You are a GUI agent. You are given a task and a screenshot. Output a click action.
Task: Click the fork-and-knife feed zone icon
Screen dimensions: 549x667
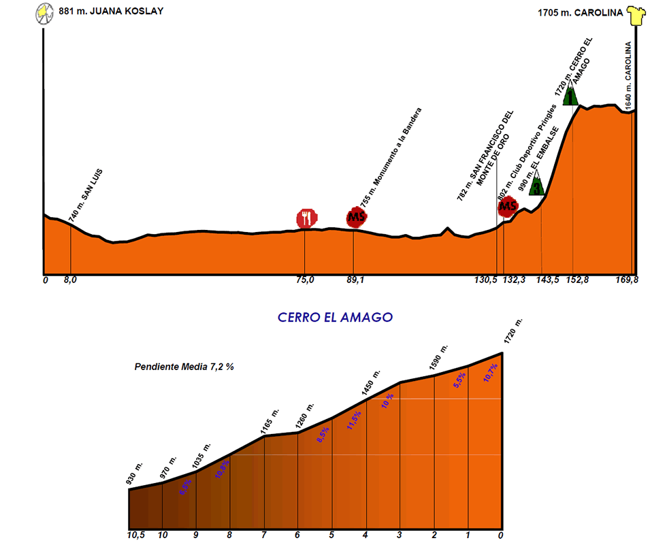[307, 218]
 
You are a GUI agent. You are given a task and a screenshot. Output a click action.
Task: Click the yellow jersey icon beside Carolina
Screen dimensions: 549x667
[636, 15]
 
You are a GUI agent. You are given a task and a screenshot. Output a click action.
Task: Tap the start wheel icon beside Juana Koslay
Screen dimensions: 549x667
[44, 13]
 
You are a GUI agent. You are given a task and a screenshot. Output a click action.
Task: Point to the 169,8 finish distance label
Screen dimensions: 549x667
[626, 280]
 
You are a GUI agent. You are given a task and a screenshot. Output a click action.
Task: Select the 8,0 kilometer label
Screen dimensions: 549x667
[70, 280]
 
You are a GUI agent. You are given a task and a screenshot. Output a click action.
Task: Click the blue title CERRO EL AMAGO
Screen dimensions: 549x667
[335, 318]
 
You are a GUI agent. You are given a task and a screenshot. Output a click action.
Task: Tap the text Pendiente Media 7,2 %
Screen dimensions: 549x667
[184, 367]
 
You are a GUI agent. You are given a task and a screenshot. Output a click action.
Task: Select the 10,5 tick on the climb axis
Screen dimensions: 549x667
[136, 535]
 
